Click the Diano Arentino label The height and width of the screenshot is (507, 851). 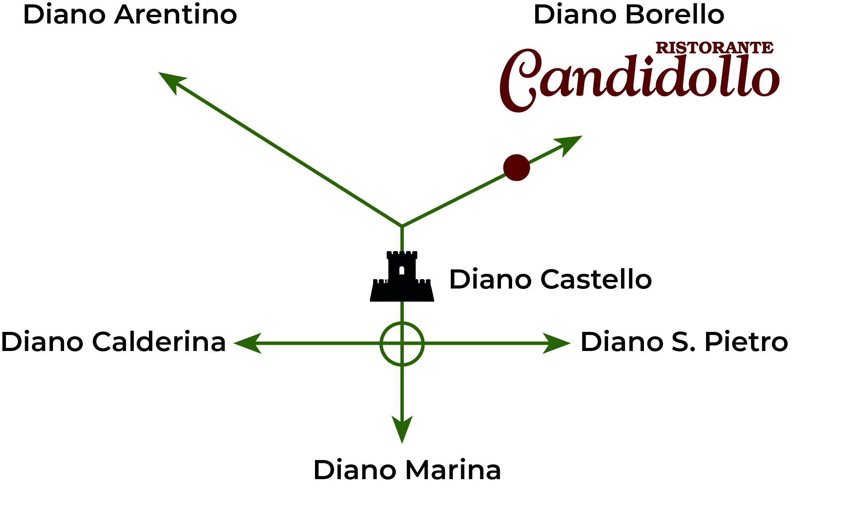click(x=130, y=15)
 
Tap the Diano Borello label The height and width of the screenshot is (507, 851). click(x=628, y=15)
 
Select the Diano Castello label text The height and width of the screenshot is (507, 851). click(x=550, y=279)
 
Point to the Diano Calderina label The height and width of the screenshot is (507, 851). click(x=113, y=342)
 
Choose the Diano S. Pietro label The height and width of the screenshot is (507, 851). click(x=684, y=342)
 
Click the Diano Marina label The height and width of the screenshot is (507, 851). click(x=407, y=470)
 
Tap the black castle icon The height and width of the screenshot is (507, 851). click(x=402, y=279)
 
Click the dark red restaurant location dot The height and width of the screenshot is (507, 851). click(x=516, y=168)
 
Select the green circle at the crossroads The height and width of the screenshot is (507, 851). click(x=402, y=343)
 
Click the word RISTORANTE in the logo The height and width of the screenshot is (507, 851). click(x=714, y=48)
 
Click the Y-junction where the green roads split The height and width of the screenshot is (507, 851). click(x=402, y=226)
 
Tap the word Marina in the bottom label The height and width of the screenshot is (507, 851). click(x=453, y=470)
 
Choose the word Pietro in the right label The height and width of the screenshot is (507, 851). click(x=746, y=342)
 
